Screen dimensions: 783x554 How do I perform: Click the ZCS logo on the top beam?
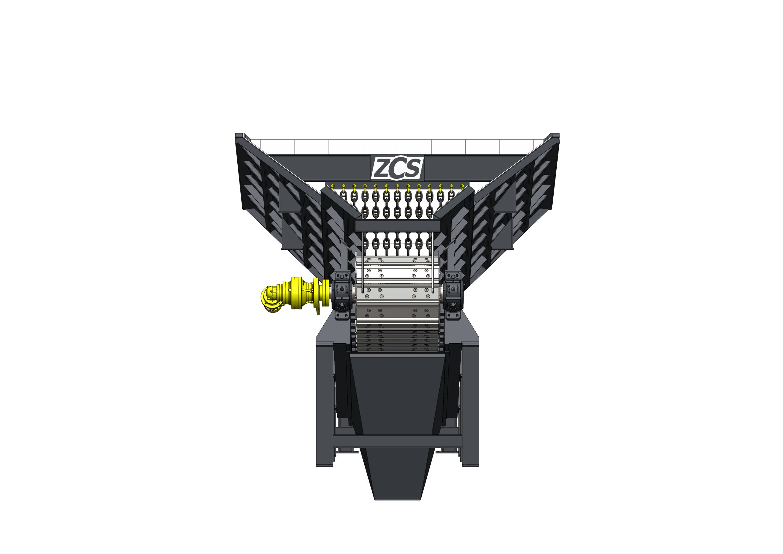[397, 168]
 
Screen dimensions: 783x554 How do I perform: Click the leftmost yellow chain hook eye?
[333, 186]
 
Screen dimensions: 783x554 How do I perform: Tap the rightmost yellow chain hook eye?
[462, 186]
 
